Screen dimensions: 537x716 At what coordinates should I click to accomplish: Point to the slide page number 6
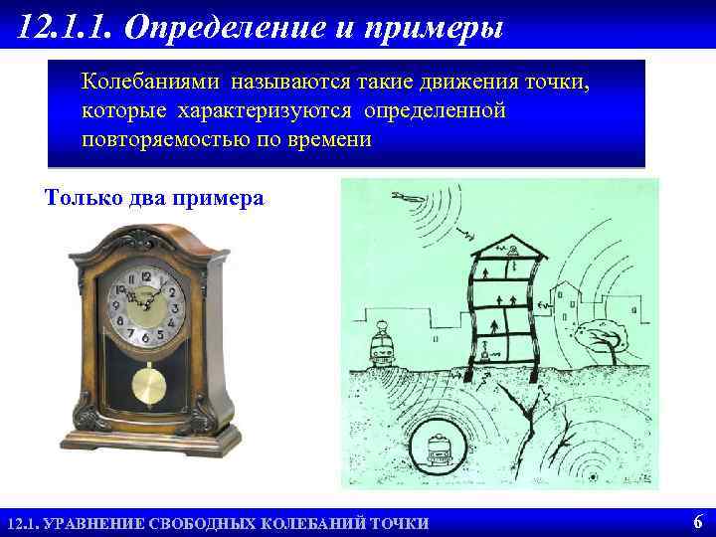[x=697, y=521]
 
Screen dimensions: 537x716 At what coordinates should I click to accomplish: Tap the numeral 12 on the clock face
[x=148, y=275]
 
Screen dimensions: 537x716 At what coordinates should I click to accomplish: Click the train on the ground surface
[x=383, y=344]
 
